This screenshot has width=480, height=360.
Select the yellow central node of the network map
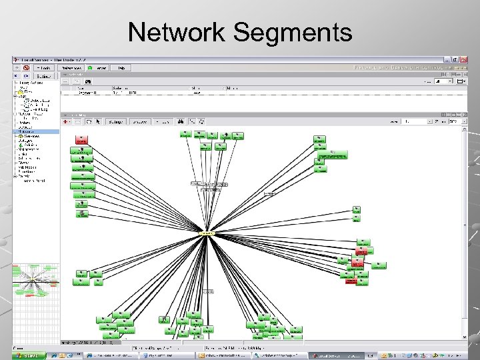(207, 233)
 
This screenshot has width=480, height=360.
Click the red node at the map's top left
(82, 140)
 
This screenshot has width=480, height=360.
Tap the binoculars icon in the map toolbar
(179, 122)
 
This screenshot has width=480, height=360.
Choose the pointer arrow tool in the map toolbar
(97, 122)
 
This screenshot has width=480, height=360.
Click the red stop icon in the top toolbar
(25, 67)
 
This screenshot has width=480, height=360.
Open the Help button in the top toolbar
(121, 67)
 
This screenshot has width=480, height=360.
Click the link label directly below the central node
(209, 291)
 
